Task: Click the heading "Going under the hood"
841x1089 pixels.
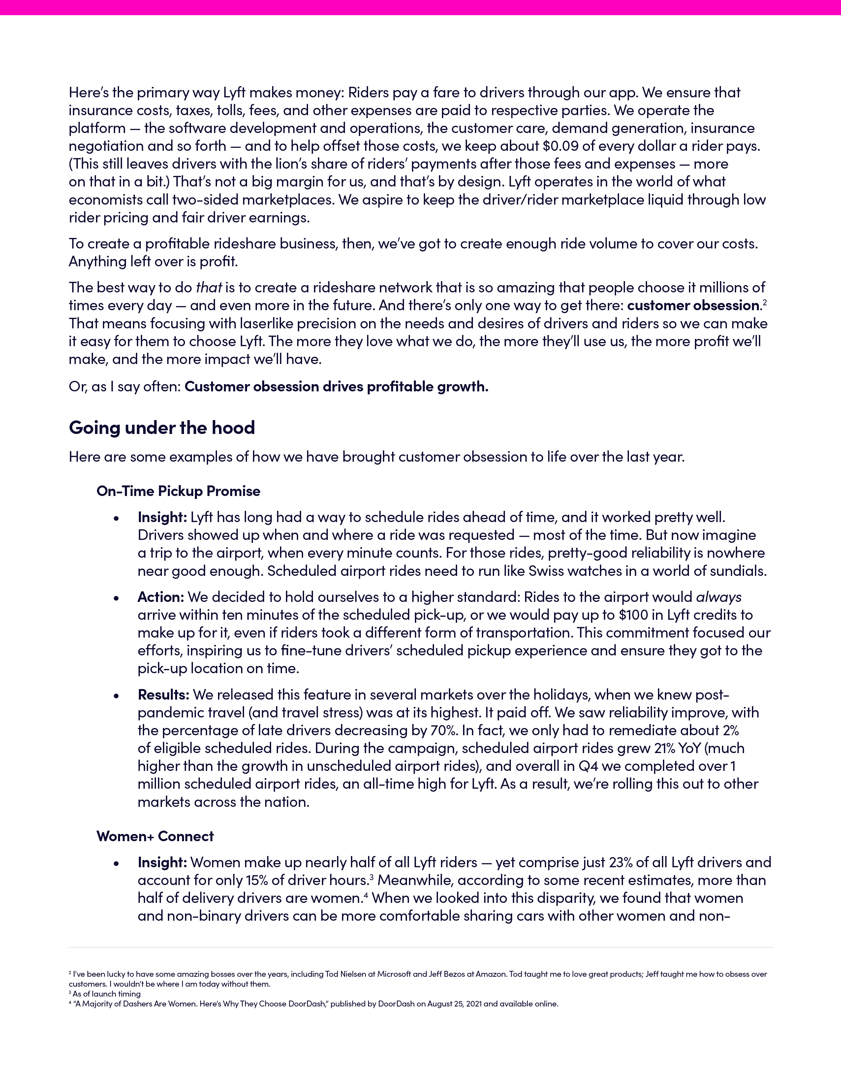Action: (x=162, y=427)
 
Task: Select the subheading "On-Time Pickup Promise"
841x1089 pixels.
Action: (x=178, y=491)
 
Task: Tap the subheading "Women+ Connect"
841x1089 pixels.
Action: (x=155, y=836)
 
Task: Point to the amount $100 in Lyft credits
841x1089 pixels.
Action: (x=634, y=615)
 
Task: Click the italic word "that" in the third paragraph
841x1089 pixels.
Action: (x=209, y=288)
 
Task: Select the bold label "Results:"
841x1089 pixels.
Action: (x=163, y=695)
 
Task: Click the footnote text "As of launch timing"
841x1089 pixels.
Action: (x=107, y=994)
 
